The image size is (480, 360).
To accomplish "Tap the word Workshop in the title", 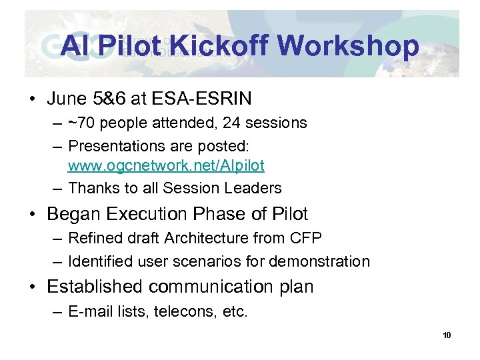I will (x=348, y=46).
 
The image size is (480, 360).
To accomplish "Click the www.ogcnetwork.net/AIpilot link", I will (x=166, y=165).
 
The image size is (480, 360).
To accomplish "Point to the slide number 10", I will (x=447, y=335).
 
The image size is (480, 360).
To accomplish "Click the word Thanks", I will (x=92, y=188).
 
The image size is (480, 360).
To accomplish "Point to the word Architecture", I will (x=209, y=238).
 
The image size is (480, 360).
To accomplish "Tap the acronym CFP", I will (x=305, y=238).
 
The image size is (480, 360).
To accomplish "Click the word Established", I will (x=95, y=287).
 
